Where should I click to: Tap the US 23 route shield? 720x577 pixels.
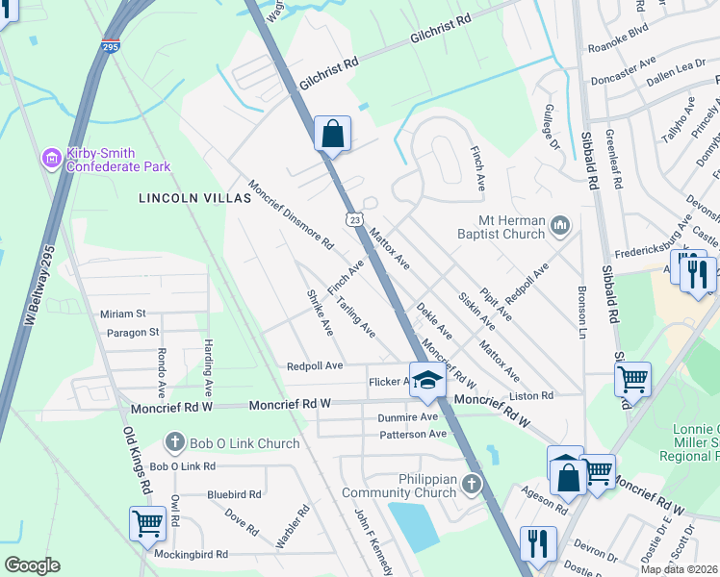tap(356, 220)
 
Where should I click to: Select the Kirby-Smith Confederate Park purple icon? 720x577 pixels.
tap(51, 158)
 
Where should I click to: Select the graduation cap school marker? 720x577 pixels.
tap(427, 376)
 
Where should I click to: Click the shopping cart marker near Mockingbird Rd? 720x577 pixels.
tap(147, 524)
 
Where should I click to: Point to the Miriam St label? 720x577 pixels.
tap(122, 314)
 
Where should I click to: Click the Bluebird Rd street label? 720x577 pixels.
tap(234, 494)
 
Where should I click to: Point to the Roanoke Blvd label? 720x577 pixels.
tap(620, 57)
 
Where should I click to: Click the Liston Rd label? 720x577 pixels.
tap(534, 395)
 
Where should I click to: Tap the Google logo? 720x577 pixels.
tap(32, 564)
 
